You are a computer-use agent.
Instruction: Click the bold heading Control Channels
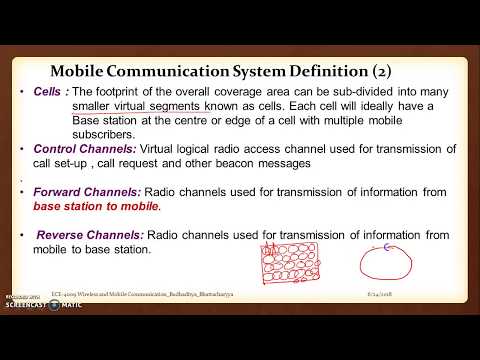84,149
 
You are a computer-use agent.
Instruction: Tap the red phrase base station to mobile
96,206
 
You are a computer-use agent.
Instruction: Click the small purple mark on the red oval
384,244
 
